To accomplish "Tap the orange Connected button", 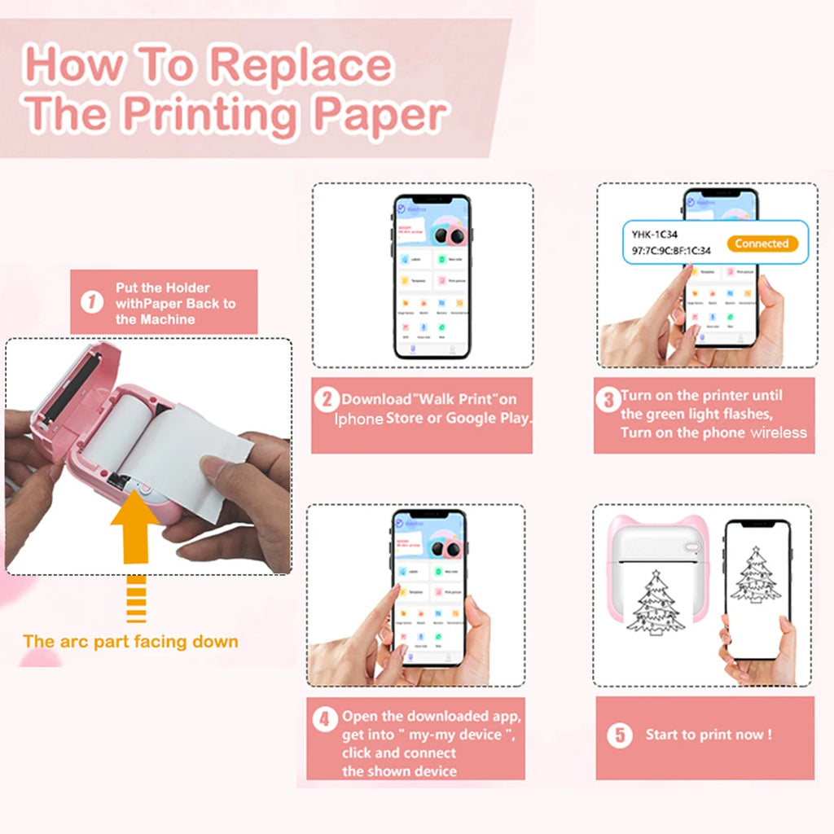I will (762, 244).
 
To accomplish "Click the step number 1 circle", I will (92, 303).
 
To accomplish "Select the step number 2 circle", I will (327, 399).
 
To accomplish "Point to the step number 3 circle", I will (608, 399).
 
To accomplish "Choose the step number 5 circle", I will (619, 735).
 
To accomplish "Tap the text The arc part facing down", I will (130, 641).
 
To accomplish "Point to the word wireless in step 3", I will (779, 432).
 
